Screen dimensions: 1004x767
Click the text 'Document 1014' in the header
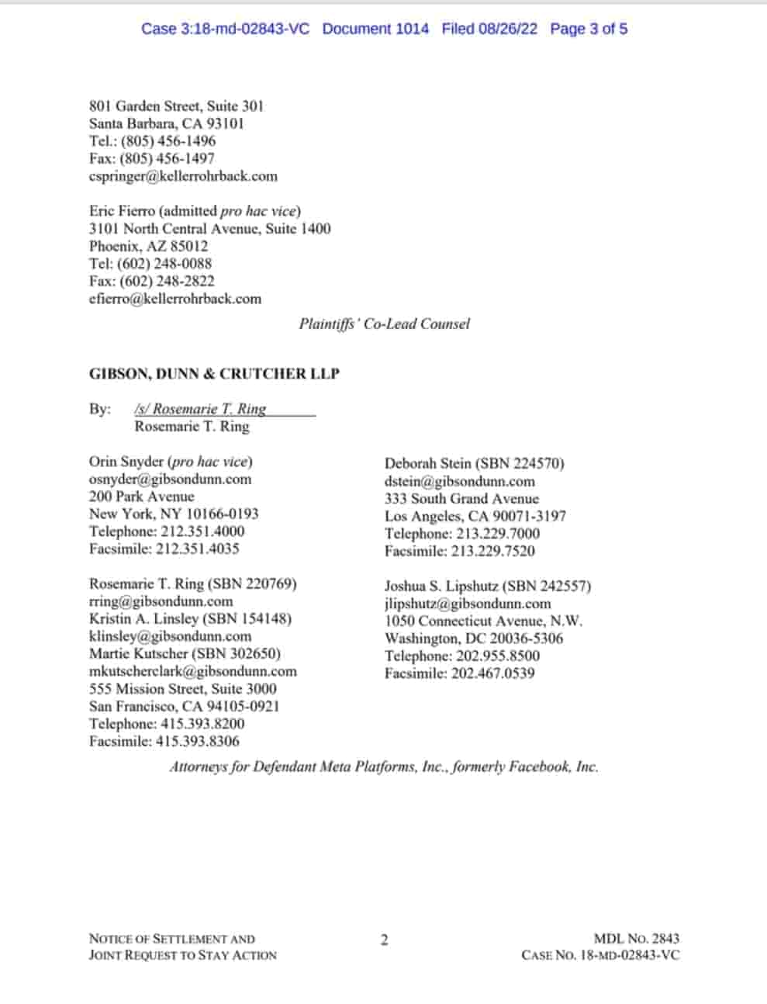375,29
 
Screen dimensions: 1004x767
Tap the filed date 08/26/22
508,29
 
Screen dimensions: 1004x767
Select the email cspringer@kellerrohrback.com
183,176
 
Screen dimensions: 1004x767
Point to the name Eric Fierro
122,211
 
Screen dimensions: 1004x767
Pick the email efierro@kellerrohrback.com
175,299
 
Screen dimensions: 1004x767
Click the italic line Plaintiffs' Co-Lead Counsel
384,324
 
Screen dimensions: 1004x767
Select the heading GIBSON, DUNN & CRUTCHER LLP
214,373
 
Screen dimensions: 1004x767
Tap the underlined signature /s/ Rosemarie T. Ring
200,409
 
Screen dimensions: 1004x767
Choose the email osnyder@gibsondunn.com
170,479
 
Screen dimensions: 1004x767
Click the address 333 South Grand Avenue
461,498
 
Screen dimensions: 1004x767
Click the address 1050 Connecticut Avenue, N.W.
483,621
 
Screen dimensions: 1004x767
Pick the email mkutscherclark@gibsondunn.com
192,671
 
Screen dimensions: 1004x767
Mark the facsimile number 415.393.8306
198,741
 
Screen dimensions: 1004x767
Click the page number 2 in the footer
384,940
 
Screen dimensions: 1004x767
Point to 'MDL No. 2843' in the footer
636,938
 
